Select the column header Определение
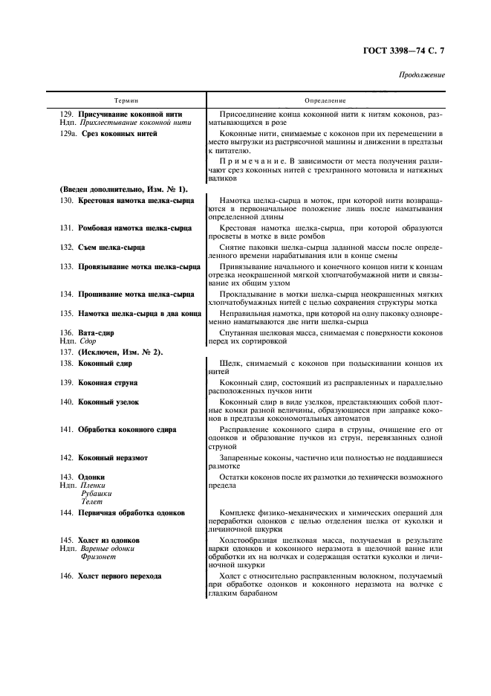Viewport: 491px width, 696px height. point(325,100)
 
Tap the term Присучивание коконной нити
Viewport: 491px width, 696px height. point(130,114)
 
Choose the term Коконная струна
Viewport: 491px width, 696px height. point(108,382)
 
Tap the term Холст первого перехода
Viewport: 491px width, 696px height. point(120,576)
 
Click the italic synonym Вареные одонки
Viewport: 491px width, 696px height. point(107,548)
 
